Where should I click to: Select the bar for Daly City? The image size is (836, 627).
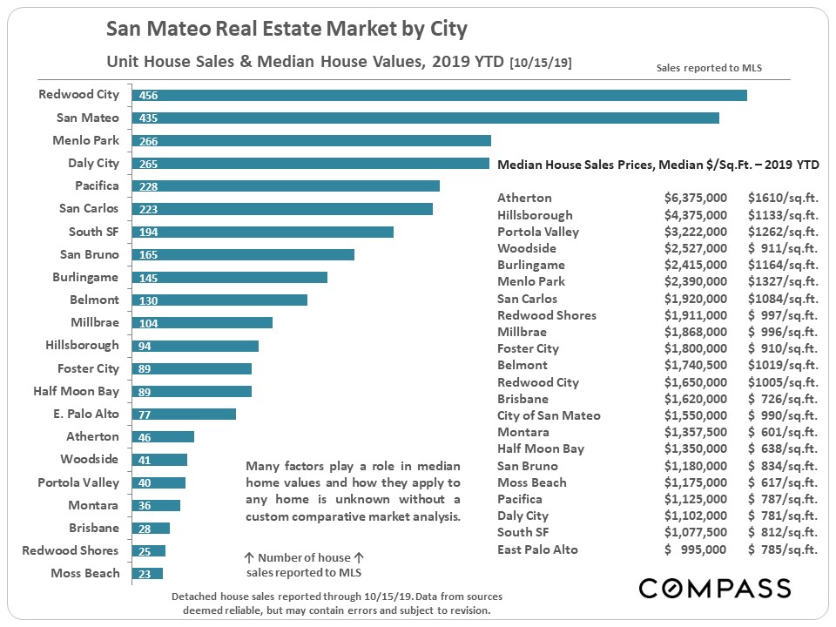pos(310,164)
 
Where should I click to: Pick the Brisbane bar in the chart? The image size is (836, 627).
pos(150,529)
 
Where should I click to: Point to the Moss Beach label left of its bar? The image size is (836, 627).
pos(85,572)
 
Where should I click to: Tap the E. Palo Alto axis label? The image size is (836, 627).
pos(86,414)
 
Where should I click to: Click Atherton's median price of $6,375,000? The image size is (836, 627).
pos(695,198)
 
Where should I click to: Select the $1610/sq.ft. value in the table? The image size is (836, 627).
pos(783,198)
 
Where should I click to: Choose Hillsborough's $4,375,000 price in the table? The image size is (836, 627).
pos(695,215)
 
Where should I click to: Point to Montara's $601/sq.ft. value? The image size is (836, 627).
pos(783,432)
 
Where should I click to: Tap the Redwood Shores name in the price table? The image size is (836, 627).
pos(546,315)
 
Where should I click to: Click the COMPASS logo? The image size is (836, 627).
pos(714,588)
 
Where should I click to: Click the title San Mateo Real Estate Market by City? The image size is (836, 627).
pos(287,30)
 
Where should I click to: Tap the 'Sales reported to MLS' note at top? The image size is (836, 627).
pos(709,67)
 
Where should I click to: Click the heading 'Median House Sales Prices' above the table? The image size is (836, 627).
pos(575,165)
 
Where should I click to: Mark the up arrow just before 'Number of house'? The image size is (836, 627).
pos(249,557)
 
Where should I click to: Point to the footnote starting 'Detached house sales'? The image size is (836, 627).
pos(337,603)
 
